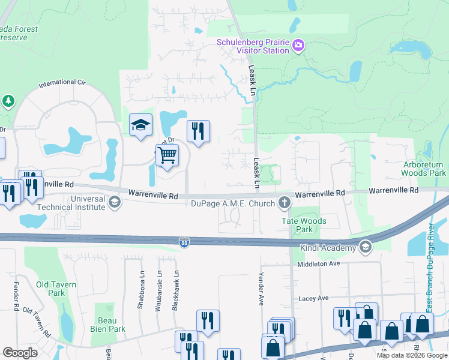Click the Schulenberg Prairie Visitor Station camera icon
298,46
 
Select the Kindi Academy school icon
365,247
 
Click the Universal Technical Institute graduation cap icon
113,203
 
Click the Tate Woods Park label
304,225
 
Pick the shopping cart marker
167,155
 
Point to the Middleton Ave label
318,263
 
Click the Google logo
20,353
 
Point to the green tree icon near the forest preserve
8,100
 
